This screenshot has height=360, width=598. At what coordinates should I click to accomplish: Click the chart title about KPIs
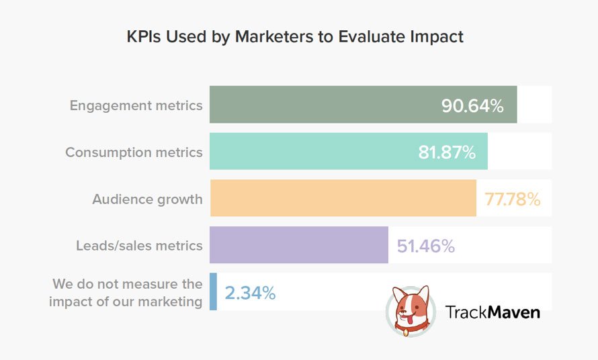coord(295,36)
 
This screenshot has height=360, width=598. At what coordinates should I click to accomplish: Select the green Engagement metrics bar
coord(323,105)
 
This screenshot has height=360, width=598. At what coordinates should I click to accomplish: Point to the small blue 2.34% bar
coord(213,291)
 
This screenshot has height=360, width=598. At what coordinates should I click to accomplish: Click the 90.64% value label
coord(472,105)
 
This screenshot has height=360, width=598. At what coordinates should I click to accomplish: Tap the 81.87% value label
coord(447,152)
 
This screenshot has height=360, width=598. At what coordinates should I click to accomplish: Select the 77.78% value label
coord(512,199)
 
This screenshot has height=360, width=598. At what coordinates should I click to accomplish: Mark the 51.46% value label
coord(425,246)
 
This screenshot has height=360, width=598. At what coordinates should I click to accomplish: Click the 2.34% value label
coord(249,293)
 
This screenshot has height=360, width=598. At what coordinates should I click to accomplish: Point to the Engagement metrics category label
coord(136,105)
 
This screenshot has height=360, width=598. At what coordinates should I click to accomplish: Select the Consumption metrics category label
coord(134,152)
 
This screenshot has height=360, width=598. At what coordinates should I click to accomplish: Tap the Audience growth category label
coord(147,199)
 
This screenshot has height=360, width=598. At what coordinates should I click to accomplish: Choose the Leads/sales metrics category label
coord(139,246)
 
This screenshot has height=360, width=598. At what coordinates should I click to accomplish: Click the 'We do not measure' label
coord(126,293)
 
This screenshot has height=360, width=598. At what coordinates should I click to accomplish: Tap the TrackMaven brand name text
coord(493,312)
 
